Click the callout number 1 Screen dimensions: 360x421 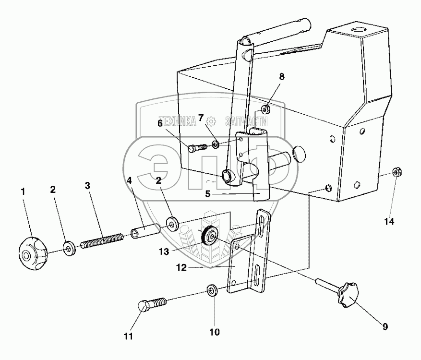23,191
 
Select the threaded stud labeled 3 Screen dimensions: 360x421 103,240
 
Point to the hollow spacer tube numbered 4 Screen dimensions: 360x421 144,229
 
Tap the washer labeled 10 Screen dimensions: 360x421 211,290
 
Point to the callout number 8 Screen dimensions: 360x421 282,76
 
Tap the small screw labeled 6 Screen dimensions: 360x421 194,148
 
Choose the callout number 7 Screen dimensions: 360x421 201,118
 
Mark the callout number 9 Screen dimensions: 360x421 385,327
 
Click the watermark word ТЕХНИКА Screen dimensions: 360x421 178,122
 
